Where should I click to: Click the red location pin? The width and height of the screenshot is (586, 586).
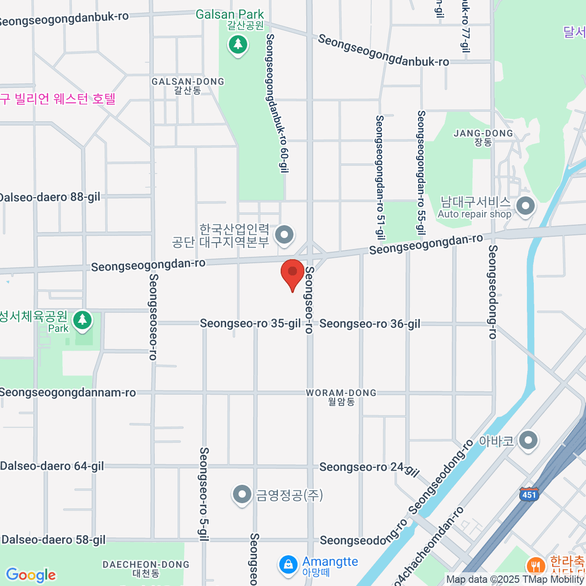(x=293, y=273)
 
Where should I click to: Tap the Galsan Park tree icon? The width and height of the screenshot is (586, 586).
(x=238, y=45)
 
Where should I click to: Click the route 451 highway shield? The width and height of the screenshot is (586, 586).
(x=529, y=494)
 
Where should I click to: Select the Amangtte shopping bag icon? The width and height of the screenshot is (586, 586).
(x=288, y=565)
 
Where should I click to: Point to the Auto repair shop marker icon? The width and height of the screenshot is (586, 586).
(x=525, y=206)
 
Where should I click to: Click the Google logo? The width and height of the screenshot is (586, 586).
(x=31, y=575)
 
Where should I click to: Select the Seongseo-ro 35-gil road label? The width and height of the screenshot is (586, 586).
(x=251, y=323)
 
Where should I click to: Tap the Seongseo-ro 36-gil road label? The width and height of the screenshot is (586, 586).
(x=370, y=324)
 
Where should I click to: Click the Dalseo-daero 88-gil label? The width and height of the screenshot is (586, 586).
(x=50, y=197)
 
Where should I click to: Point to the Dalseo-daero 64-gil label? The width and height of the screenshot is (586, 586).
(x=52, y=466)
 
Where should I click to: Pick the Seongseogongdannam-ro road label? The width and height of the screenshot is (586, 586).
(x=68, y=393)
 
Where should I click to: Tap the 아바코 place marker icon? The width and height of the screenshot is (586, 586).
(x=528, y=440)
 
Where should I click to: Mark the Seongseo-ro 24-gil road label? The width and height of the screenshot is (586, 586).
(x=369, y=468)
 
